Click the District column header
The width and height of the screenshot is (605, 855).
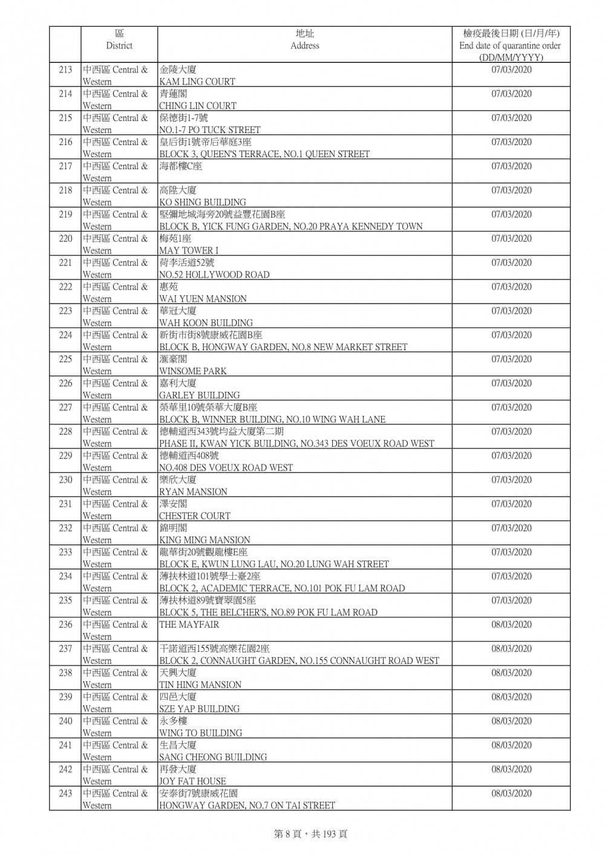119,40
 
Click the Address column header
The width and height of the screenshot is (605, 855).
304,40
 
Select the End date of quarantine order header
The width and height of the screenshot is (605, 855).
510,45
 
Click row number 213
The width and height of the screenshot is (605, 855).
65,70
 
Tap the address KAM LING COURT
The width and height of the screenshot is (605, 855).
197,82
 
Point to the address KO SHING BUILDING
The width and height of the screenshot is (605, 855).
202,202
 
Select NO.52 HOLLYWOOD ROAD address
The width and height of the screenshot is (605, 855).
214,275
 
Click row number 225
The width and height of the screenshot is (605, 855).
65,360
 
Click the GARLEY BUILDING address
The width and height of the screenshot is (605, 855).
199,395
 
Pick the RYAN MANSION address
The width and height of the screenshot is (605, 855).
193,492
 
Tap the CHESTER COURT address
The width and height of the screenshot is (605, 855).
194,516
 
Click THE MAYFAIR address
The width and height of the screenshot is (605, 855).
189,625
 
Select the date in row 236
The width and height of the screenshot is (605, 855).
511,625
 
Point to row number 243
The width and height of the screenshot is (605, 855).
65,794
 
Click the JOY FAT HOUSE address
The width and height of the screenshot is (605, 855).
192,781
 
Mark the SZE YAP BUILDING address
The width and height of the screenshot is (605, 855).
199,709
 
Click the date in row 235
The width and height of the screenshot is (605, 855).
511,600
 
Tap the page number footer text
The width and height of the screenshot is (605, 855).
310,834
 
